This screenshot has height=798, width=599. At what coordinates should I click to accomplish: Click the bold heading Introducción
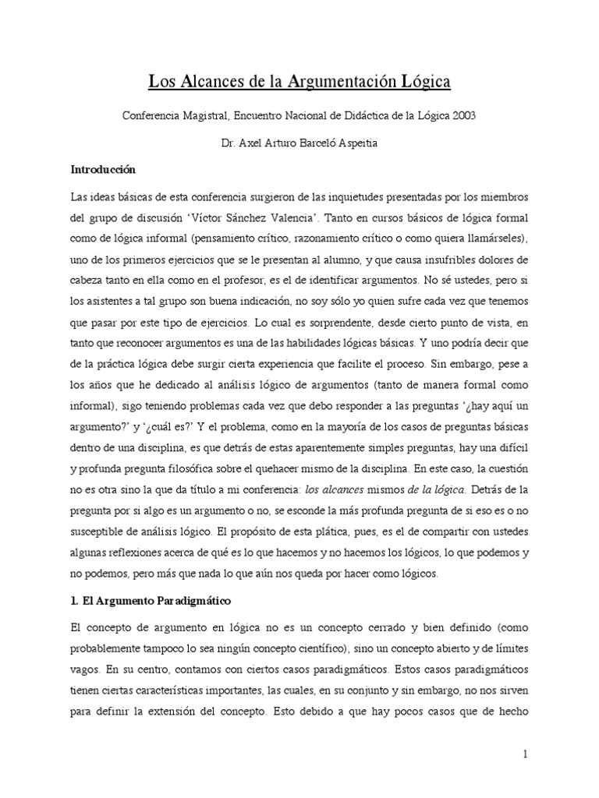(103, 169)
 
